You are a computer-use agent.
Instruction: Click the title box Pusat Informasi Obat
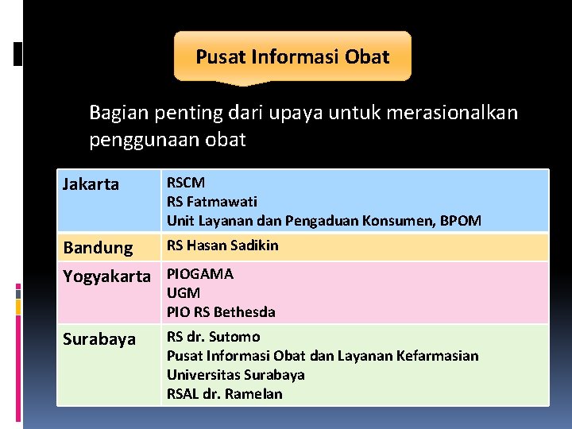[292, 56]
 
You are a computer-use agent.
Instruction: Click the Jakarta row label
[91, 184]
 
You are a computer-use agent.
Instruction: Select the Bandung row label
[99, 248]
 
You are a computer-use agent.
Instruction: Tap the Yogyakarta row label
[106, 276]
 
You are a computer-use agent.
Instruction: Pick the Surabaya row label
[99, 339]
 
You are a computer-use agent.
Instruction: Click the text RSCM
[186, 184]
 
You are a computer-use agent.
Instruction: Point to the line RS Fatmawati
[211, 202]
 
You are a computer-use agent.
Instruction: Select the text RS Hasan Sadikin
[222, 245]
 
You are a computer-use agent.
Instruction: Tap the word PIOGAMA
[200, 274]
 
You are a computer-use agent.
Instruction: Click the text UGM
[184, 293]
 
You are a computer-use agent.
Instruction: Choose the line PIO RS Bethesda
[221, 312]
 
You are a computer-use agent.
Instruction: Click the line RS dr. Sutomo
[213, 337]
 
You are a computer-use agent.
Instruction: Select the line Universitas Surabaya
[236, 375]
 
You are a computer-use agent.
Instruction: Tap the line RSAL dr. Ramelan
[224, 394]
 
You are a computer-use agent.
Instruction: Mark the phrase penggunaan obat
[168, 141]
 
